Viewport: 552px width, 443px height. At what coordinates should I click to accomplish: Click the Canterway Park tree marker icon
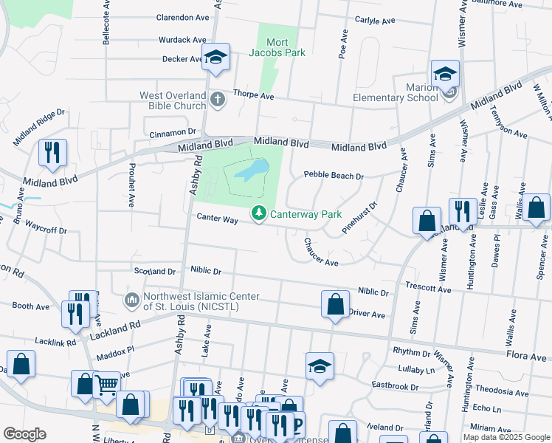tap(258, 213)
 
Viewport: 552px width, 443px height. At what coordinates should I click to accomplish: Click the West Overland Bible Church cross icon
tap(217, 98)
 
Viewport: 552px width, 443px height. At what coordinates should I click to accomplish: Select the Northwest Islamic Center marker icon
tap(131, 301)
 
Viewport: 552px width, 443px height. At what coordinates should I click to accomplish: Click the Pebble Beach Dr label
tap(334, 176)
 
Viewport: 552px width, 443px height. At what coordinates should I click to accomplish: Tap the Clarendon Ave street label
tap(182, 18)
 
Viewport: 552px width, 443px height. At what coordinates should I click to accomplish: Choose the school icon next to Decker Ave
tap(215, 57)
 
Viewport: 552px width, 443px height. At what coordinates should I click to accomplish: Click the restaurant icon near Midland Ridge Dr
tap(52, 152)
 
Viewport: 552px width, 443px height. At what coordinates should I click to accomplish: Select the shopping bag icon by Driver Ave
tap(335, 304)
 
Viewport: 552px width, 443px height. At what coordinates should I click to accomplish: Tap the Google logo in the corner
tap(24, 434)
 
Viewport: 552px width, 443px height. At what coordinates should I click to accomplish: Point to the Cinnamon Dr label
tap(171, 132)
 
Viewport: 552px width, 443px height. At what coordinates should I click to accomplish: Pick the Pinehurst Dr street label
tap(359, 219)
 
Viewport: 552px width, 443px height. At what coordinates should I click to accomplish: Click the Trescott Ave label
tap(429, 289)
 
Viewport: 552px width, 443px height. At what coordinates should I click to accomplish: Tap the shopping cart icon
tap(108, 384)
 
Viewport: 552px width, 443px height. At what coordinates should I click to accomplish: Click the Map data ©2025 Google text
tap(506, 437)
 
